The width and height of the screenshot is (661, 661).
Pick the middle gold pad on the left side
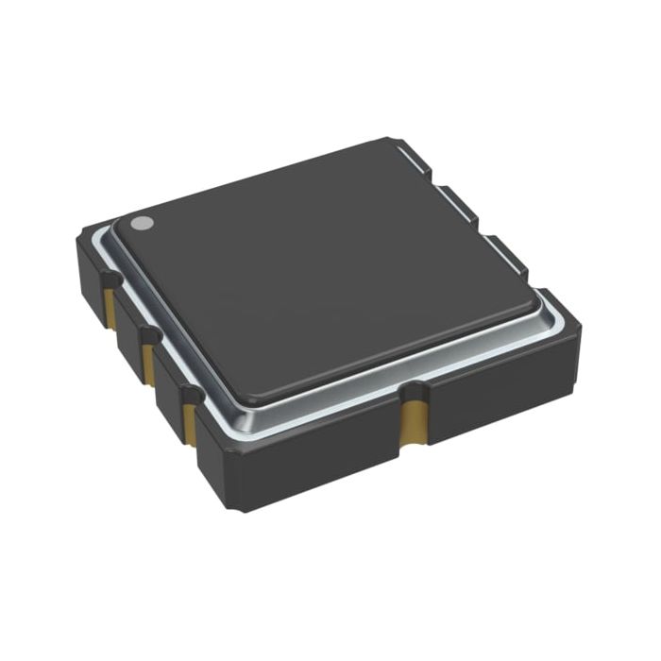[x=148, y=357]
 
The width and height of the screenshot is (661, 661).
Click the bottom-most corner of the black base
[x=244, y=508]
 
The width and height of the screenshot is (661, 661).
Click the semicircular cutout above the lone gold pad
[x=412, y=387]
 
